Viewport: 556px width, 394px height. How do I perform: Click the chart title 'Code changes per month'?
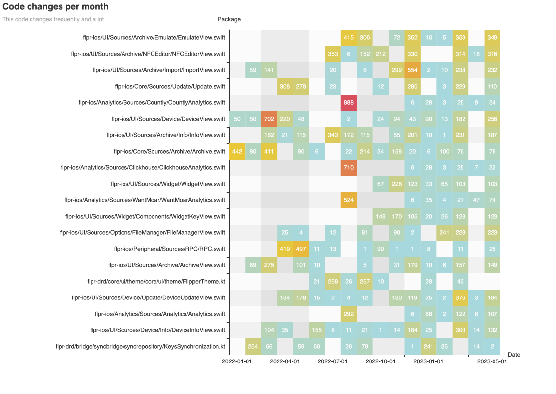click(56, 7)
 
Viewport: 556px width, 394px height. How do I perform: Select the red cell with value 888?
click(349, 102)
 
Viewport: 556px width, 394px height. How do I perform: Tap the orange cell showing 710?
click(349, 167)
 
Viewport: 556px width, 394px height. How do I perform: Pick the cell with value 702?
click(269, 119)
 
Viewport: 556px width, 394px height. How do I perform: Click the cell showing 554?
click(412, 70)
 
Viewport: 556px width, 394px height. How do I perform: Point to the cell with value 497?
click(301, 249)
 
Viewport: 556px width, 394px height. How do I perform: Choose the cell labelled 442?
click(238, 151)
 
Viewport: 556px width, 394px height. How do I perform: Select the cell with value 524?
click(349, 200)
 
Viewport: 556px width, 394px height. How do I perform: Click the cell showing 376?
click(461, 297)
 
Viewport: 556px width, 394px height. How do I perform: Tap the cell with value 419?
click(285, 249)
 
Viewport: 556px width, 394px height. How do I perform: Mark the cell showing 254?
click(253, 346)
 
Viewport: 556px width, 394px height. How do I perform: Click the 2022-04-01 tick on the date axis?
click(285, 361)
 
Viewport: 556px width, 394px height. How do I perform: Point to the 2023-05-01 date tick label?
click(492, 361)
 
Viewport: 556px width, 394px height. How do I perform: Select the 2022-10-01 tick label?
click(381, 361)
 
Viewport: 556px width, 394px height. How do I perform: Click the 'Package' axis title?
click(229, 19)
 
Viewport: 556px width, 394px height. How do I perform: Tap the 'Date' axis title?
click(514, 355)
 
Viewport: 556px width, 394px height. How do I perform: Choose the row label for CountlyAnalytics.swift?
click(152, 102)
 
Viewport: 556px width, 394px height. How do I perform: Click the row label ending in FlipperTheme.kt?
click(156, 281)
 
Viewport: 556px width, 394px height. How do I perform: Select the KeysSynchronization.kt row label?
click(140, 346)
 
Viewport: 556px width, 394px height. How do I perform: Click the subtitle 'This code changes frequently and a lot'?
click(53, 19)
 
